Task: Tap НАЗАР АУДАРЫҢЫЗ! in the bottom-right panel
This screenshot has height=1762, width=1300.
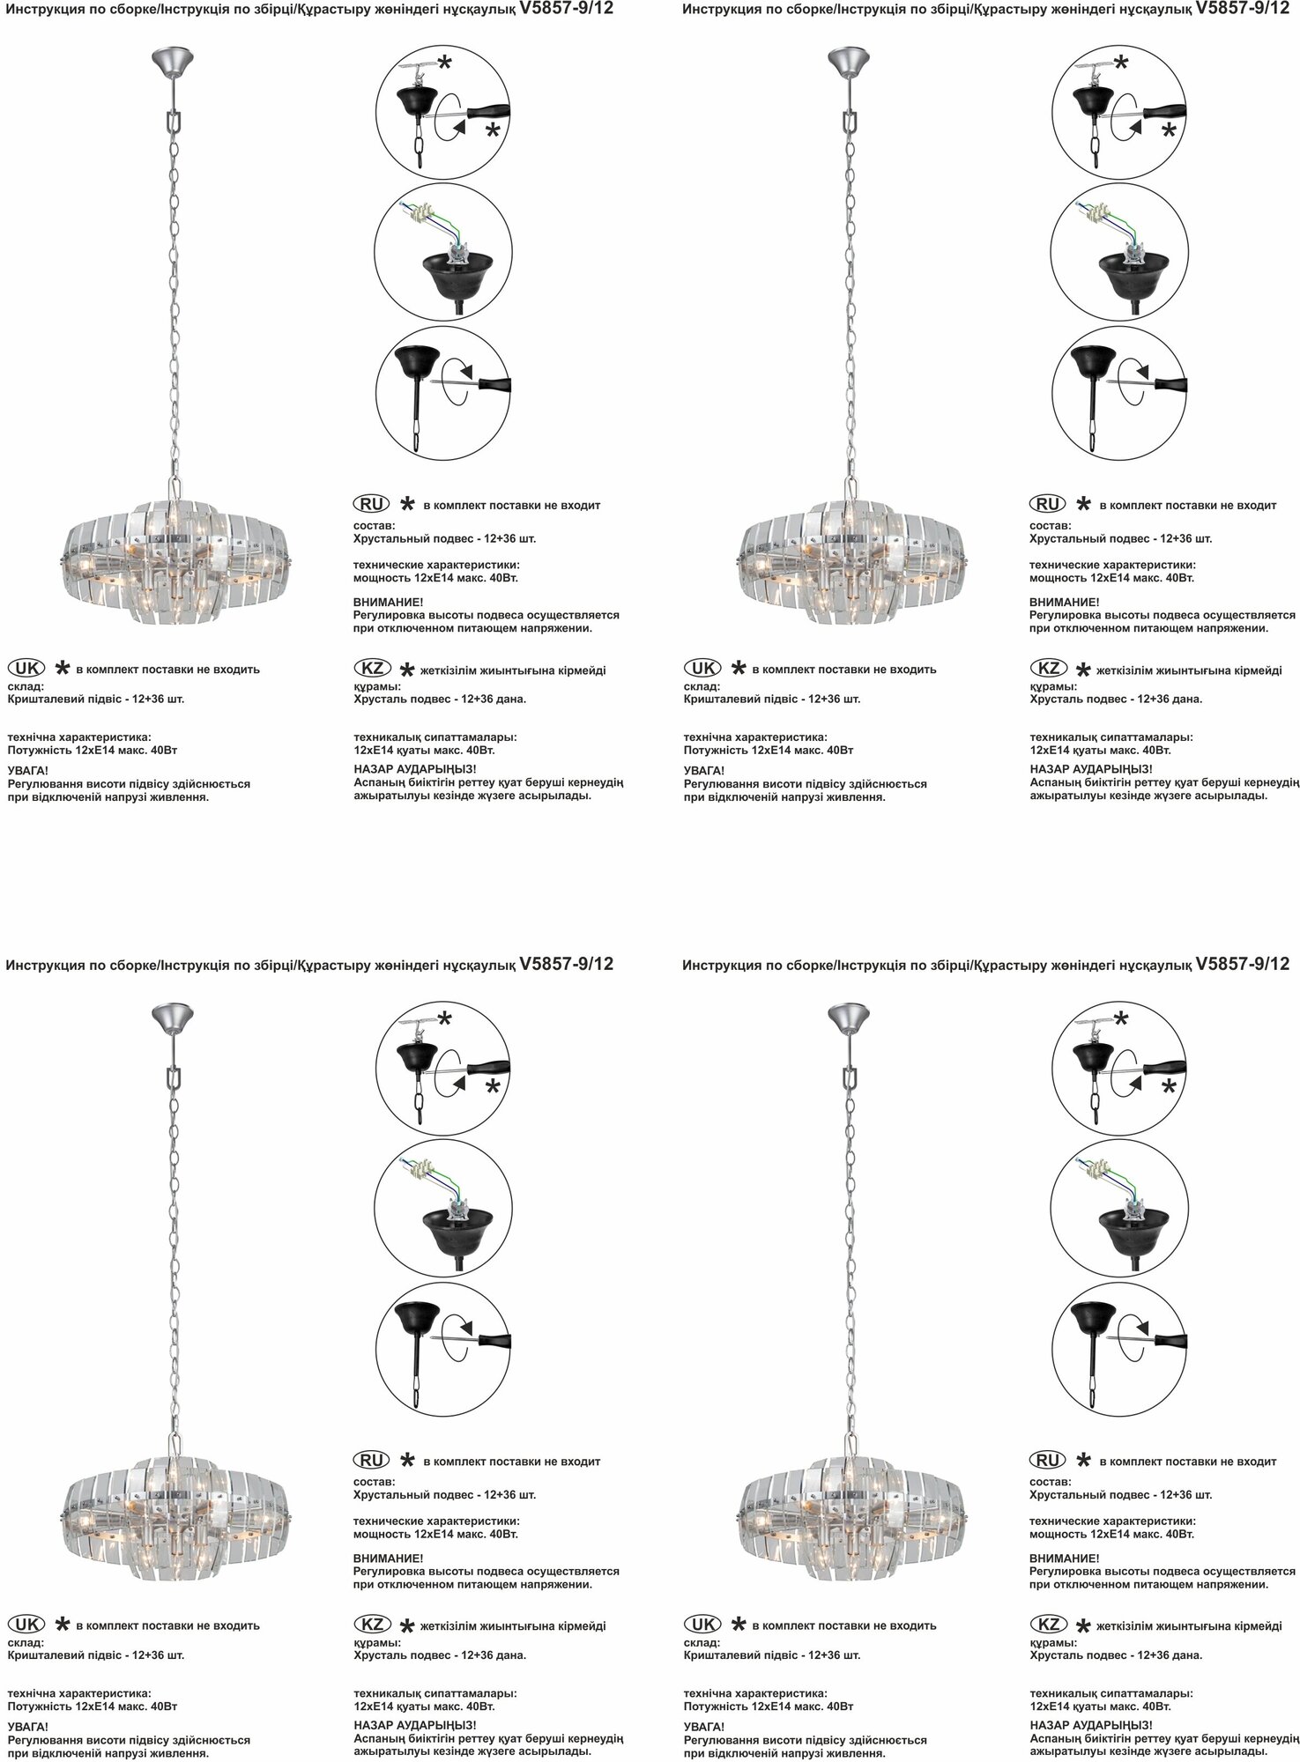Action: click(x=1091, y=1725)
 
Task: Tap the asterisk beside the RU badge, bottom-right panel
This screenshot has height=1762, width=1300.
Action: click(x=1084, y=1460)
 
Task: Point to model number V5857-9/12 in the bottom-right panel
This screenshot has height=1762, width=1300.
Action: click(x=1242, y=964)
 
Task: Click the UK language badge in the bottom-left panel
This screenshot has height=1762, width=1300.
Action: click(x=26, y=1624)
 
